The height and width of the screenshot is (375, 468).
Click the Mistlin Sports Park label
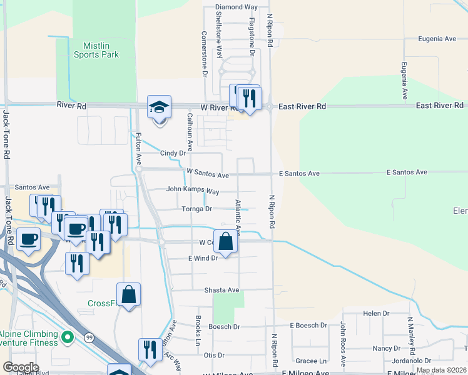tap(101, 50)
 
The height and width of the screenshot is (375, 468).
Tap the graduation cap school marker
tap(159, 107)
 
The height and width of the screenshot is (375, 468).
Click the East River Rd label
tap(302, 107)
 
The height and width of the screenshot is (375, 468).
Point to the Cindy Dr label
tap(173, 152)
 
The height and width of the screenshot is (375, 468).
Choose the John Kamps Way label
tap(193, 191)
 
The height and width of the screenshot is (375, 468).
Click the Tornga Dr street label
tap(197, 209)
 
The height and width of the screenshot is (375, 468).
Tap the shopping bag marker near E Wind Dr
tap(225, 241)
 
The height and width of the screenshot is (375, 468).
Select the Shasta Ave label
tap(222, 290)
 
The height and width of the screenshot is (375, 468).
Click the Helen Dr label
tap(376, 313)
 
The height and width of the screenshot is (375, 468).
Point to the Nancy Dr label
tap(386, 348)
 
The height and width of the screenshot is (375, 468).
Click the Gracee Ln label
tap(311, 361)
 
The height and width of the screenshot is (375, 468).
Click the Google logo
tap(21, 367)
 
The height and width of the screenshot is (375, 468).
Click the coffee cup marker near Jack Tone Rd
tap(29, 239)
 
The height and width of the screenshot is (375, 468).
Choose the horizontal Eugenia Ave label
tap(437, 39)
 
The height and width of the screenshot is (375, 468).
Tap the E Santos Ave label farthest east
tap(407, 172)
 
